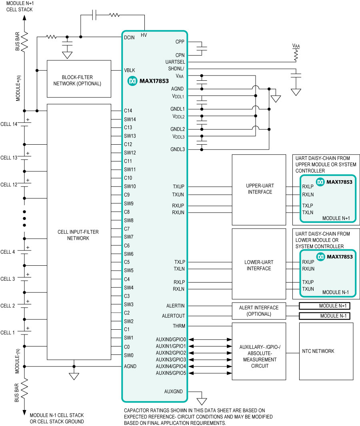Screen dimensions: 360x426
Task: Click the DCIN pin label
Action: pos(129,38)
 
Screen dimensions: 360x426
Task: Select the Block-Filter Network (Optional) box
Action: pos(79,79)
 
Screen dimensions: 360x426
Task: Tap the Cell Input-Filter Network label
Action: pos(78,235)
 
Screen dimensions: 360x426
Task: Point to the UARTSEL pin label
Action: pos(175,62)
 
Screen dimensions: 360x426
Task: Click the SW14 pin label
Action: pos(130,119)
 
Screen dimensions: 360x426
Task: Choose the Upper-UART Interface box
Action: pos(259,190)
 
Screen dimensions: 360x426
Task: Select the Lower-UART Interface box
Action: pos(259,263)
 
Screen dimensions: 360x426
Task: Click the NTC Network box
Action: pos(326,351)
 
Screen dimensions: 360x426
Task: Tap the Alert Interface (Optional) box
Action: pos(259,311)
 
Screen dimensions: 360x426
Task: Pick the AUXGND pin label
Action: pos(174,392)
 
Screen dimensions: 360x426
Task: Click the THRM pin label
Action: pos(179,326)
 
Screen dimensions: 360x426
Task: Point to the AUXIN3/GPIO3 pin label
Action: pos(171,359)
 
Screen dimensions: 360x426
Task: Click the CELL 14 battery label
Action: pos(9,124)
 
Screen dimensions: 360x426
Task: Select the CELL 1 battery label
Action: pos(8,332)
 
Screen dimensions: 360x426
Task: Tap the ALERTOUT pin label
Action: pos(174,316)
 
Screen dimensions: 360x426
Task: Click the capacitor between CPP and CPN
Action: pos(202,49)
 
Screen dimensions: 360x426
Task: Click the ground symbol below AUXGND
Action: pos(202,401)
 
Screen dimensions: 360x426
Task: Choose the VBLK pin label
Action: pos(130,70)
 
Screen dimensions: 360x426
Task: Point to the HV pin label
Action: pos(144,35)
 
